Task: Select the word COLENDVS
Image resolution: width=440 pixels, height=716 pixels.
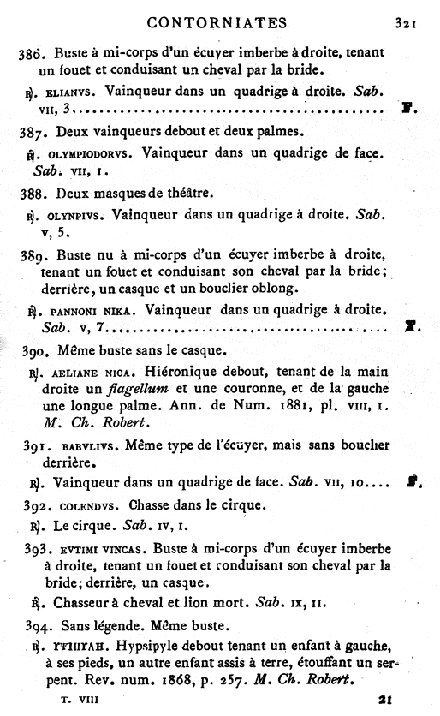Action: [x=93, y=505]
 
